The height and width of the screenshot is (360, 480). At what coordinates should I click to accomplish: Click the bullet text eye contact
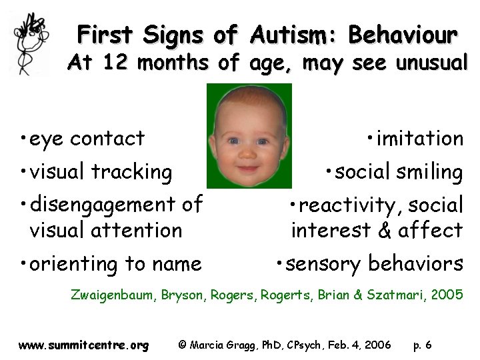pyautogui.click(x=83, y=139)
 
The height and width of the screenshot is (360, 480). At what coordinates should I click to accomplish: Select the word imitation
pyautogui.click(x=419, y=139)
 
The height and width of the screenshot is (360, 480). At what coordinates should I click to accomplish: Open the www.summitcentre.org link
pyautogui.click(x=83, y=345)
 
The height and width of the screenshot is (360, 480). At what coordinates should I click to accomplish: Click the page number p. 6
pyautogui.click(x=422, y=345)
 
